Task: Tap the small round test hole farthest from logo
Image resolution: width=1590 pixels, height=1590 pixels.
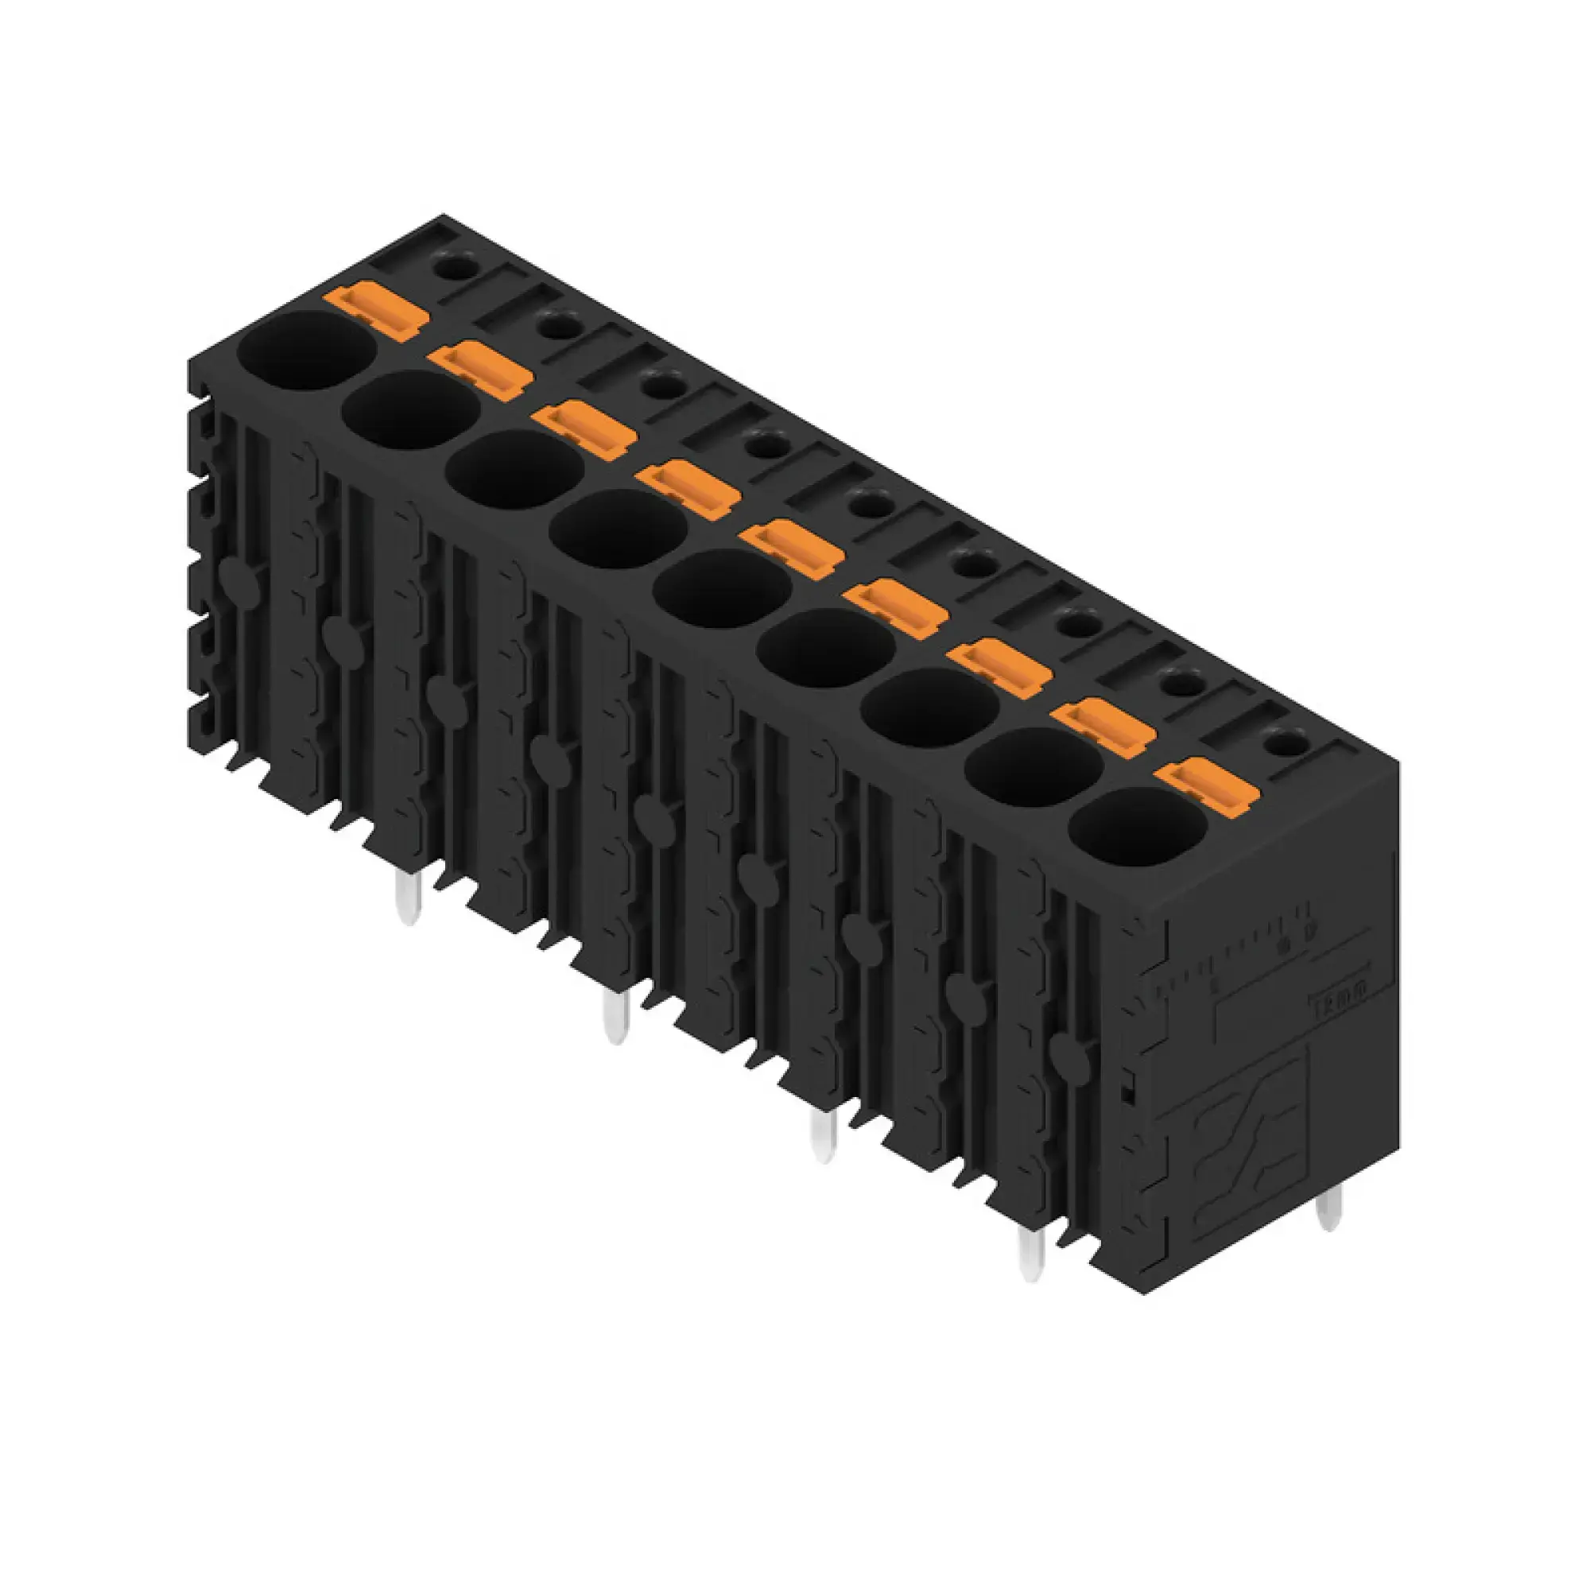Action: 449,265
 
